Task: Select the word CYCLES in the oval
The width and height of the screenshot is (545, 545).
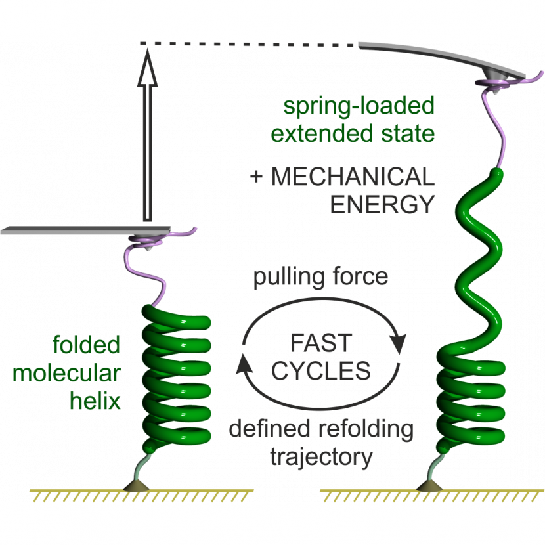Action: (x=322, y=372)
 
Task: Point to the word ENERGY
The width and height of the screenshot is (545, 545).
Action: (x=383, y=205)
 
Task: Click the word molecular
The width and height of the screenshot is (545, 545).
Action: (x=68, y=373)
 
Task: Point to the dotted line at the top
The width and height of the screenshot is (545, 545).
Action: (x=250, y=44)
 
